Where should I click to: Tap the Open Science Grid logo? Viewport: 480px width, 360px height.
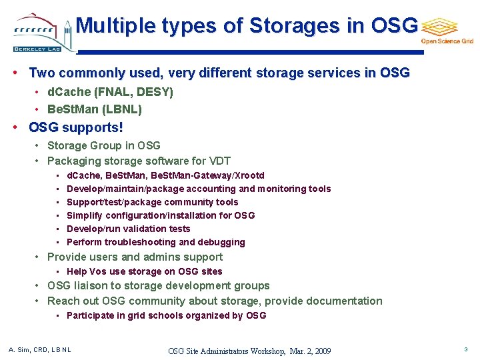point(445,30)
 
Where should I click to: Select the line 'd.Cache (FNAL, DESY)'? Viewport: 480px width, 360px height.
point(110,92)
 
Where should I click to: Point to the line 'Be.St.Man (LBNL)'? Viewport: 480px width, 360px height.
point(95,109)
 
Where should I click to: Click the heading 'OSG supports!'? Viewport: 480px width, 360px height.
point(76,127)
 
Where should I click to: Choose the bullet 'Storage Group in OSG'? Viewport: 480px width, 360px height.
point(103,145)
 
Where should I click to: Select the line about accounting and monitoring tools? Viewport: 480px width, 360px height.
point(199,189)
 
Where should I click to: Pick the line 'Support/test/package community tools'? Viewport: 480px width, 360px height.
point(152,202)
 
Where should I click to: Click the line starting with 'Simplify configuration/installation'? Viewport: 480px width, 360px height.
point(161,215)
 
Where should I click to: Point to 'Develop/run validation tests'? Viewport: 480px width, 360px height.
point(128,229)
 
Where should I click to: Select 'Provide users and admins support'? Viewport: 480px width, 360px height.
point(135,257)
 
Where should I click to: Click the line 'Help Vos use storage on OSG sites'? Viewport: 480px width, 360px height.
point(144,271)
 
